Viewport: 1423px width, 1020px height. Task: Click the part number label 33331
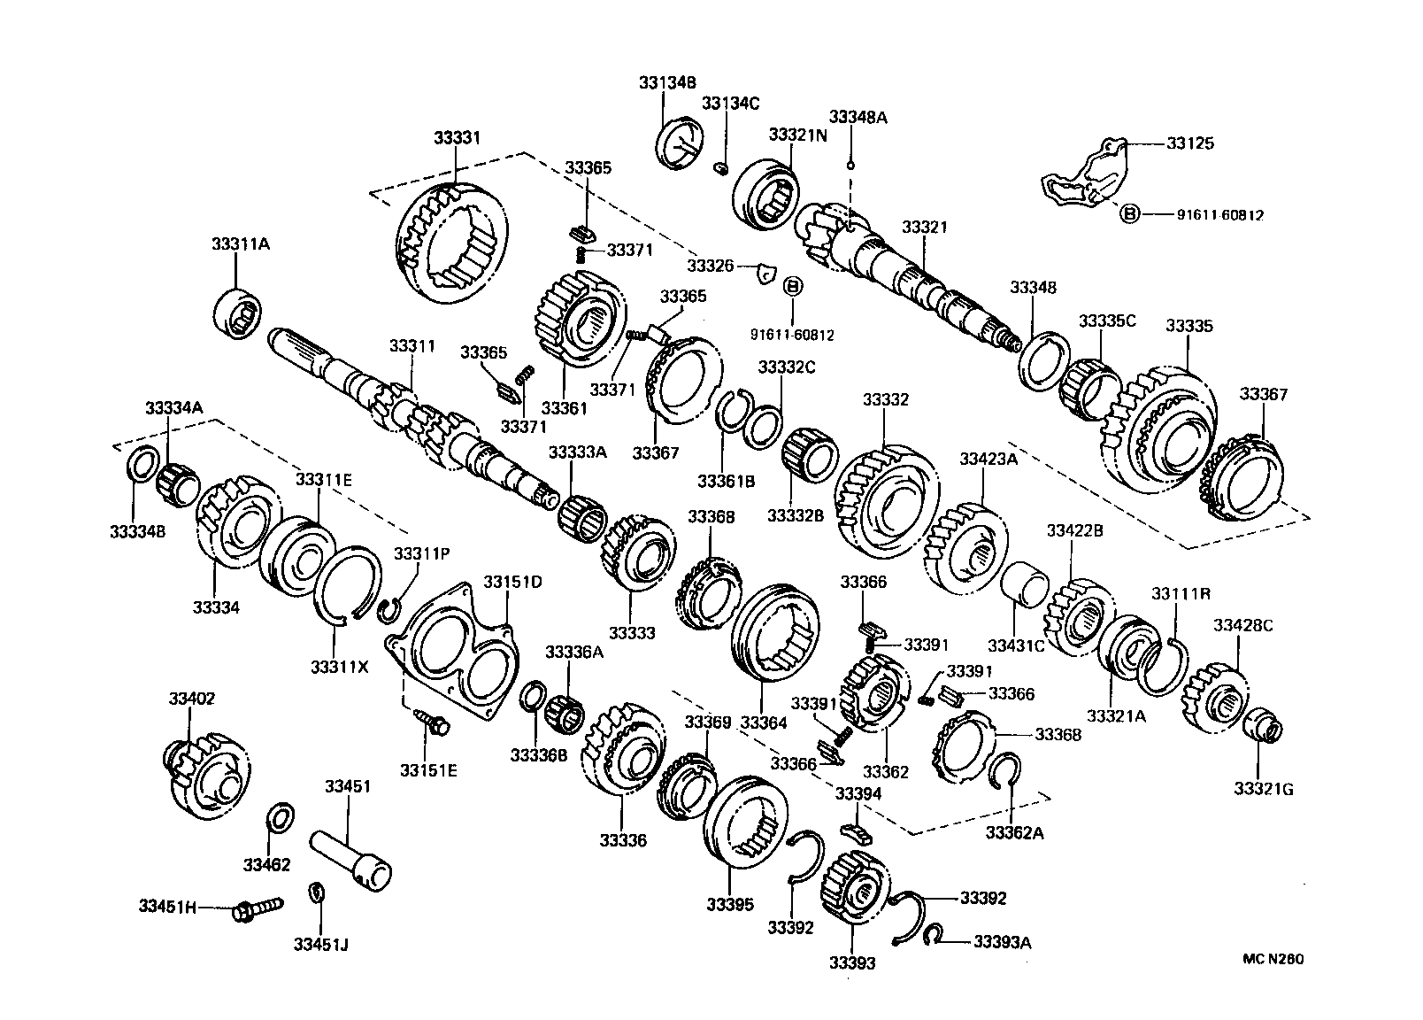[457, 138]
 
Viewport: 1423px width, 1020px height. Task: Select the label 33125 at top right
[1189, 143]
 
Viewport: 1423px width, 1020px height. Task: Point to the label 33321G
[1264, 788]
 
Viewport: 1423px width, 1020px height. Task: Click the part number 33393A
[1002, 942]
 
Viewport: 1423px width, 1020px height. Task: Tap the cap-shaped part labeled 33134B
[682, 140]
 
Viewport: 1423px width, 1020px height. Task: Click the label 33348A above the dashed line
[858, 116]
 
